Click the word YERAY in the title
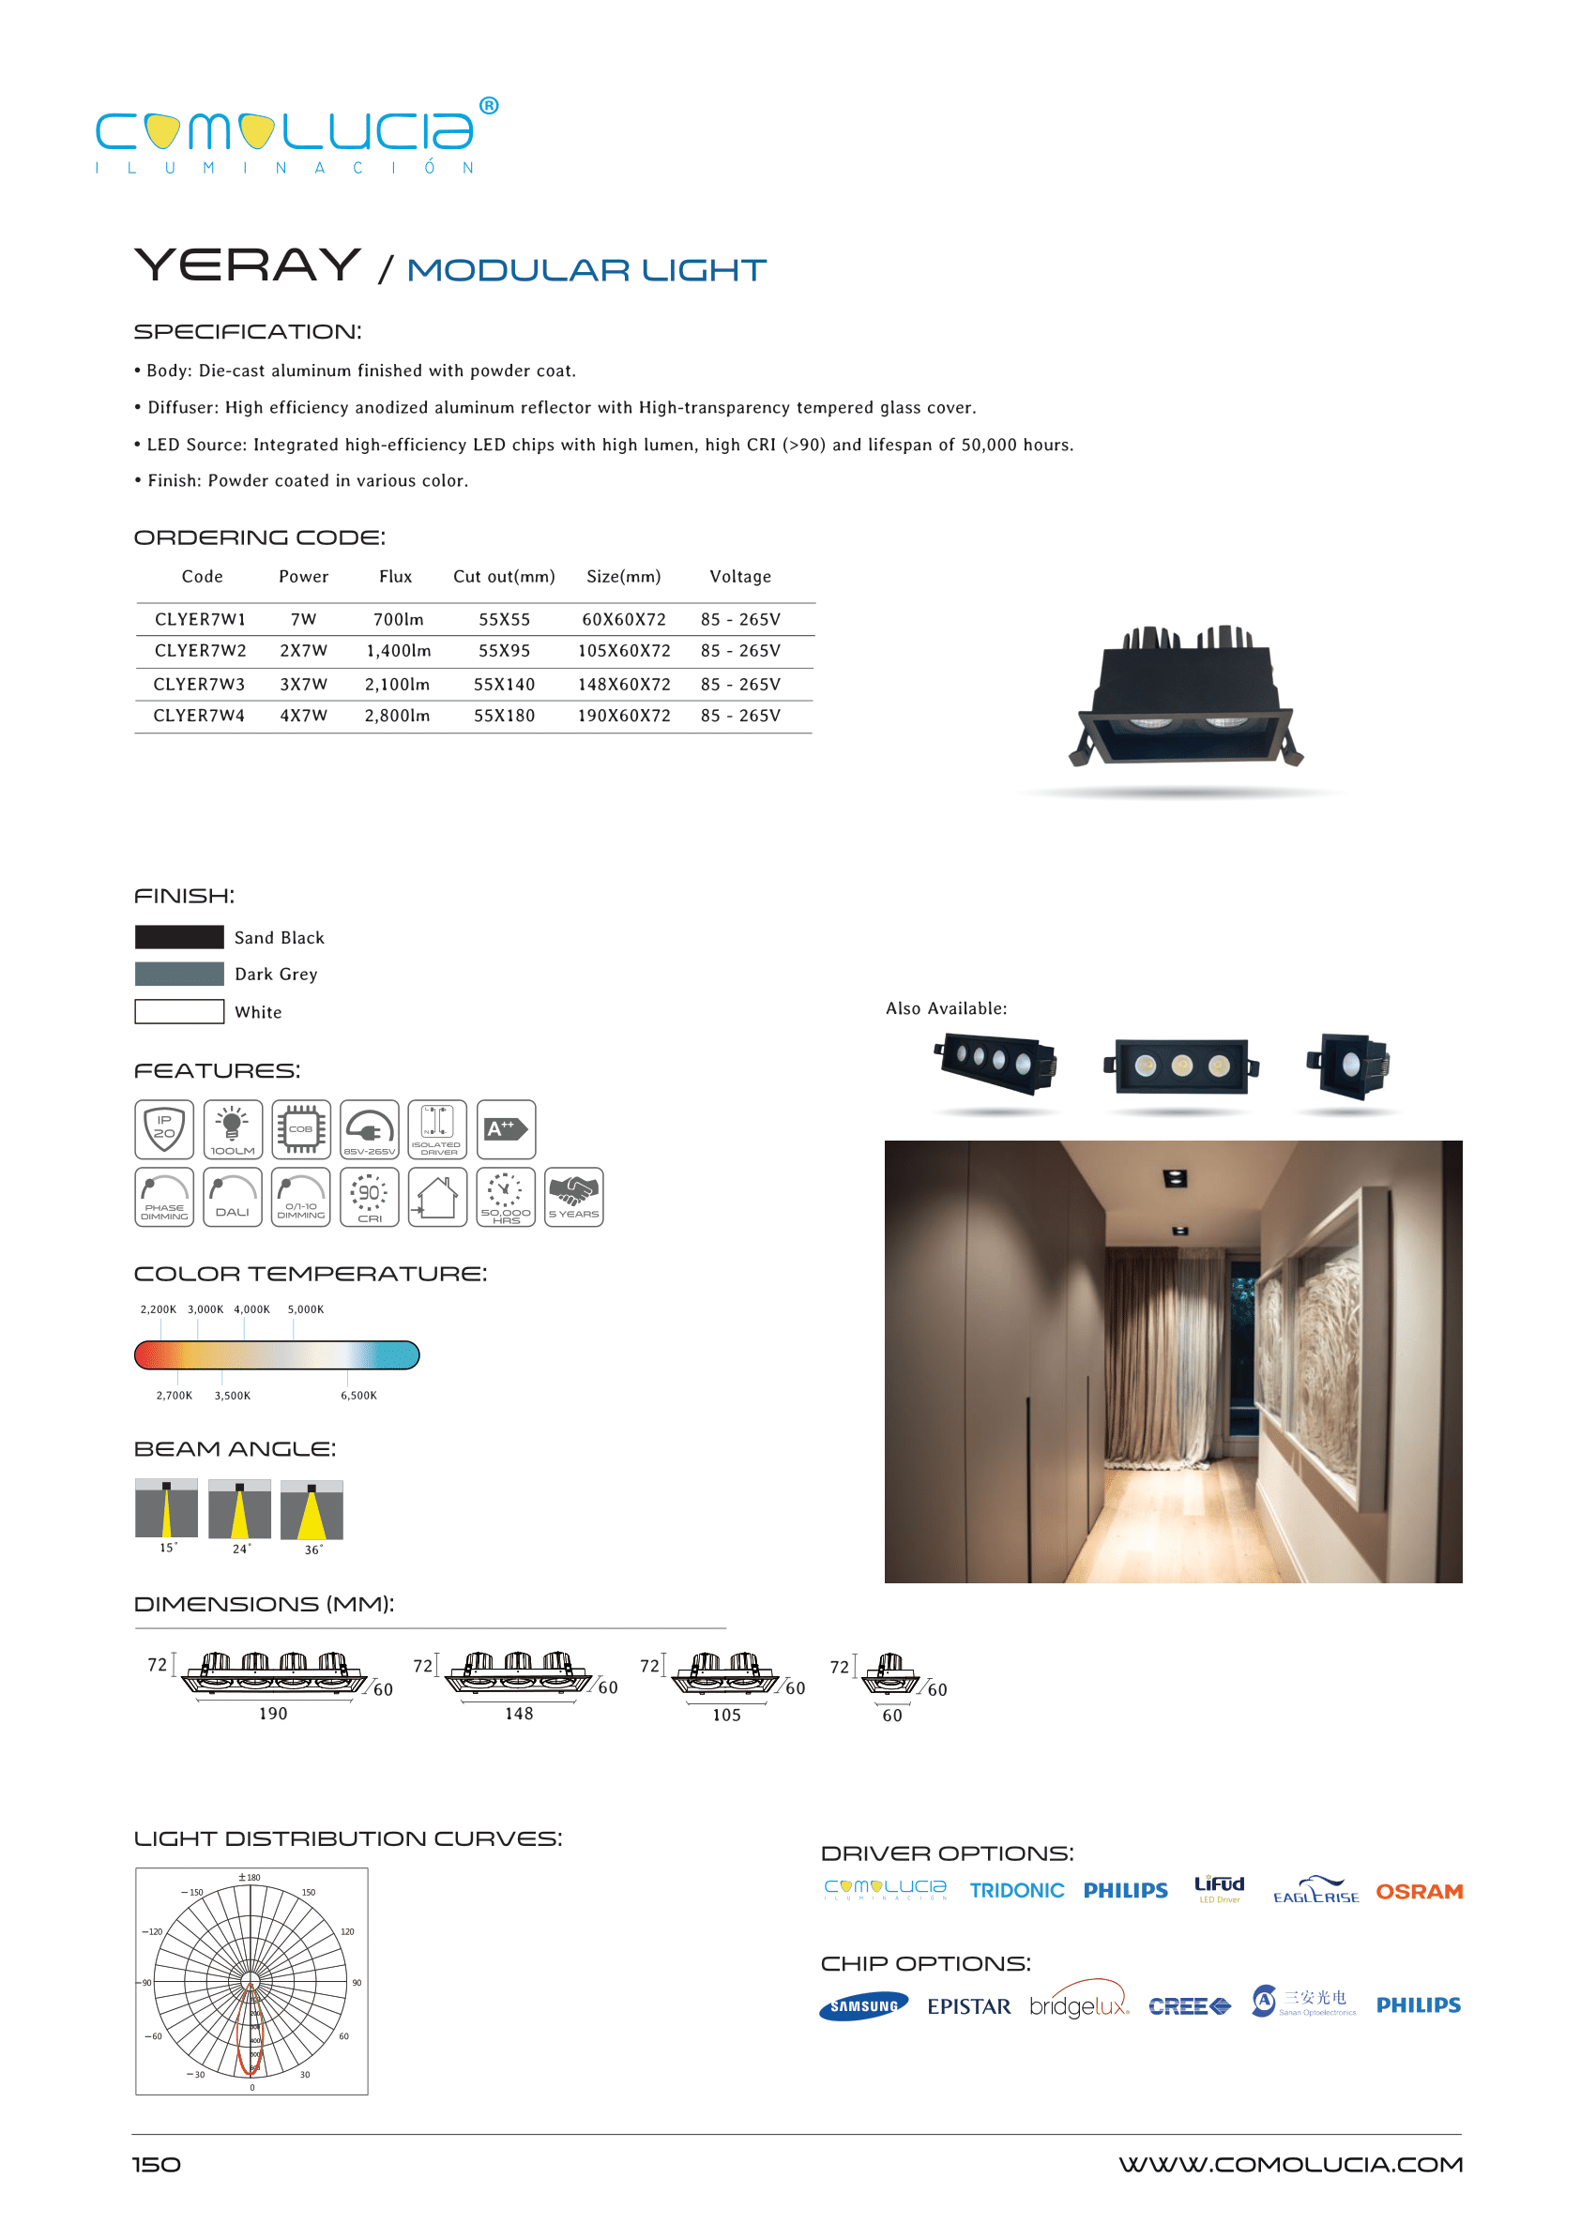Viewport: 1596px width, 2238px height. pos(248,265)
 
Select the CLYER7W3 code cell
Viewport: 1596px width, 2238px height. pos(199,684)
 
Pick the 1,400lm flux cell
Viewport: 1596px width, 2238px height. pos(398,650)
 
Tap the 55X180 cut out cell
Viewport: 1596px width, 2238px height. pos(504,716)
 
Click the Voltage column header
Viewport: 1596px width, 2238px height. pos(740,577)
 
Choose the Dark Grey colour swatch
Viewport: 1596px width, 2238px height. pos(179,974)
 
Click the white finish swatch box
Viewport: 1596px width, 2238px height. pos(179,1011)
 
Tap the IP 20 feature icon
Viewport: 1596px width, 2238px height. pos(164,1128)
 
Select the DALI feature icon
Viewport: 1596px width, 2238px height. pos(233,1197)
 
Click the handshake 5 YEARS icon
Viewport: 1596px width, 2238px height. pos(574,1197)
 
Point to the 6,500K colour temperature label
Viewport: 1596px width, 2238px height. pos(358,1395)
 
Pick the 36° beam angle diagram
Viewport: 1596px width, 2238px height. pos(312,1511)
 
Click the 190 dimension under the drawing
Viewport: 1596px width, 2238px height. pos(273,1714)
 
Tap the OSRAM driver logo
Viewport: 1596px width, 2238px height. pos(1418,1891)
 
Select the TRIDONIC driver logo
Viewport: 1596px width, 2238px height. pos(1016,1890)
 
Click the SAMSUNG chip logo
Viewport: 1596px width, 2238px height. pos(863,2006)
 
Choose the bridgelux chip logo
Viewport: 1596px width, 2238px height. pos(1078,2005)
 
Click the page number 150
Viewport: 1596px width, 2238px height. pos(157,2164)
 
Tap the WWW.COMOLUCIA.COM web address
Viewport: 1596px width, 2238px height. pos(1289,2164)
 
